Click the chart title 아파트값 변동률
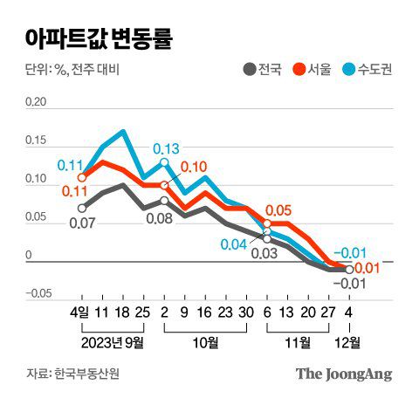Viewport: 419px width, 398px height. tap(98, 38)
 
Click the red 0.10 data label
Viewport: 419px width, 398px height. tap(194, 168)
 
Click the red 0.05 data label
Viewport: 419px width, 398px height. tap(278, 210)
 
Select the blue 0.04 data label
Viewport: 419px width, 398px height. tap(234, 244)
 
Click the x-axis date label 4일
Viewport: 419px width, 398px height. tap(79, 311)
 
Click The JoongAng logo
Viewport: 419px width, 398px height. tap(343, 374)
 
